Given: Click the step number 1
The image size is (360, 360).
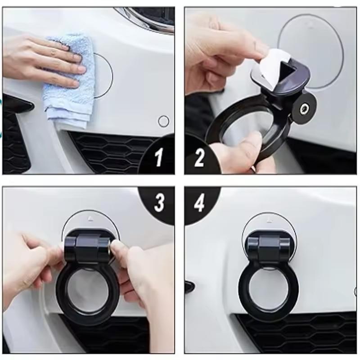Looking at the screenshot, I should [x=158, y=157].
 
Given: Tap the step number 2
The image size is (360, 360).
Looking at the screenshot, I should [x=199, y=157].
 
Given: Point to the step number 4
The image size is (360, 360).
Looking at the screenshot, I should [x=199, y=203].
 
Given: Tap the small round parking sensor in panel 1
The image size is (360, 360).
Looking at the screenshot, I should [x=164, y=121].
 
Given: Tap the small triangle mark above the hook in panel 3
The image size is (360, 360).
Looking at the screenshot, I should [x=90, y=218].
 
